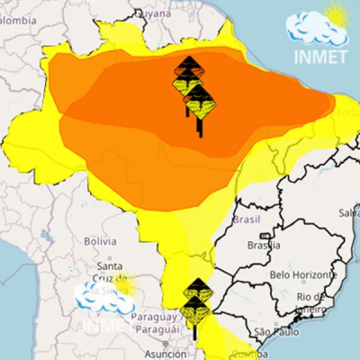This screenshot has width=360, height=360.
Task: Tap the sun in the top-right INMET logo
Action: point(337,15)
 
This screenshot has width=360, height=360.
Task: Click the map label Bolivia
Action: point(101,241)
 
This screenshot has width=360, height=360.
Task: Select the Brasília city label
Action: point(265,245)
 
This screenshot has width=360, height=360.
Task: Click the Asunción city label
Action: point(157,355)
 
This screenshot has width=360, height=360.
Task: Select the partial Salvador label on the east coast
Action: point(349,212)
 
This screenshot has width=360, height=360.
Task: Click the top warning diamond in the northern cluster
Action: point(188,67)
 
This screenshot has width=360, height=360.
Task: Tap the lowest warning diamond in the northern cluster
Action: point(199,105)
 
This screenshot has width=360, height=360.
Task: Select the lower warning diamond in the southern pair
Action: point(195,310)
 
